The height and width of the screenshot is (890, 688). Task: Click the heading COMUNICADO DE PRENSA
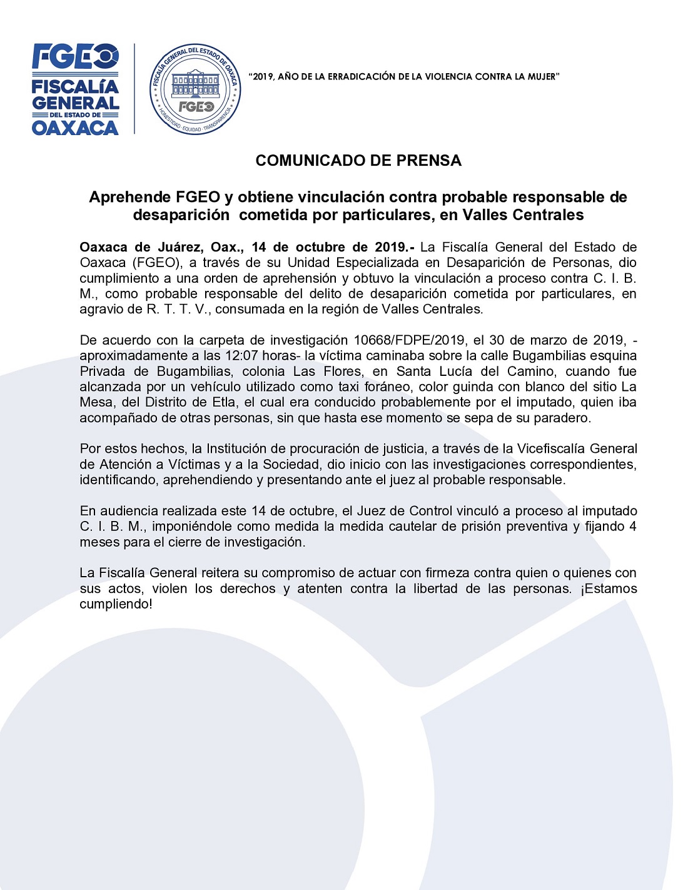point(358,161)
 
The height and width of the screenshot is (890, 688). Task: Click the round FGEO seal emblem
point(195,89)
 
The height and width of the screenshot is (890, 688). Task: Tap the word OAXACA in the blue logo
point(75,128)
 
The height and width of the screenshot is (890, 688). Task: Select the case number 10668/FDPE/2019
point(409,340)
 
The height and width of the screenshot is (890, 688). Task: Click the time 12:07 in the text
point(241,356)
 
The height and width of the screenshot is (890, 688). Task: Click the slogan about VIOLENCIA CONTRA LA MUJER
point(404,77)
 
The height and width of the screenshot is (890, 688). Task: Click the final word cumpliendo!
point(116,604)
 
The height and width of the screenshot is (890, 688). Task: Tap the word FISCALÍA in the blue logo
point(75,87)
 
